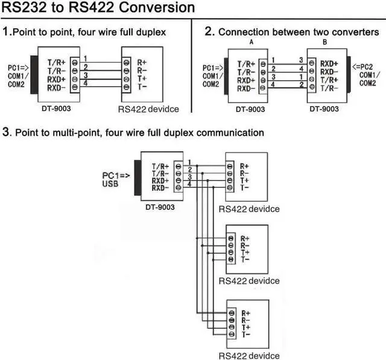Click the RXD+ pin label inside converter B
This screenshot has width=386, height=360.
329,63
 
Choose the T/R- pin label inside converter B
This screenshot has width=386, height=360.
329,88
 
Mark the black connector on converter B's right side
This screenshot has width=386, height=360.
348,76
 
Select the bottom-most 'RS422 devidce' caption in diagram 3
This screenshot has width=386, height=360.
249,356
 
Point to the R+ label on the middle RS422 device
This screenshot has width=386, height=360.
245,239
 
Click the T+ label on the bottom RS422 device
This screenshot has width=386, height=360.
245,327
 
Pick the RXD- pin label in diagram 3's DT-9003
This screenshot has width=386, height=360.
161,188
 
